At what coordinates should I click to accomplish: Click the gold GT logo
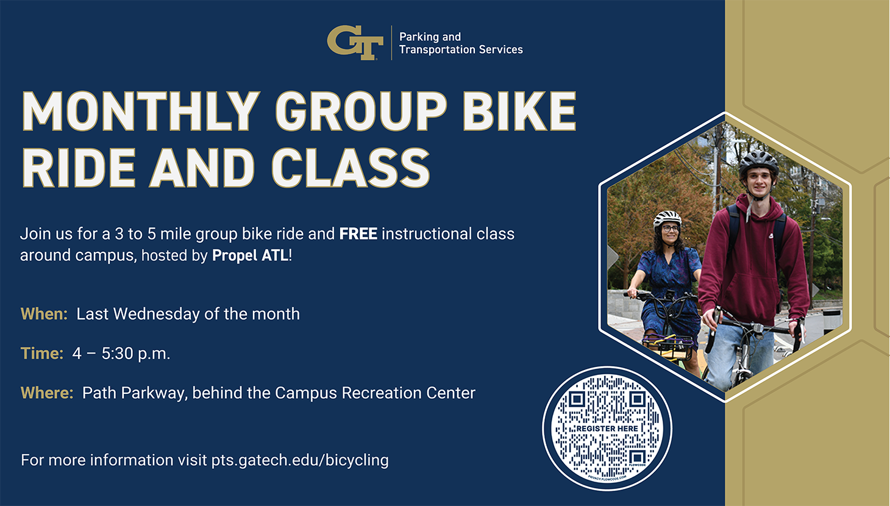click(355, 43)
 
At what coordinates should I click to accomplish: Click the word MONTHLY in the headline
click(141, 112)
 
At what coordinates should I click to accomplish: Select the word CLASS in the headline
click(351, 167)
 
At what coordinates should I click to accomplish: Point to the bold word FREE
click(358, 233)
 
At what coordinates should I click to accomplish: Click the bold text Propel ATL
click(250, 255)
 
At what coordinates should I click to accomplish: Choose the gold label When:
click(44, 314)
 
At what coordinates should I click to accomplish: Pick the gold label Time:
click(41, 354)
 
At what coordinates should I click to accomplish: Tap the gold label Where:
click(47, 393)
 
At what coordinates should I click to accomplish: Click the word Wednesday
click(157, 314)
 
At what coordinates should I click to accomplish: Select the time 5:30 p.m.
click(136, 354)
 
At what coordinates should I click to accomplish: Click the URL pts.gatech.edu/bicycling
click(300, 460)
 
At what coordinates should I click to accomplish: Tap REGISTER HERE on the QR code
click(607, 429)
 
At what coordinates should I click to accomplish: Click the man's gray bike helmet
click(758, 162)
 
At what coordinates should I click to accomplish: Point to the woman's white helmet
click(667, 218)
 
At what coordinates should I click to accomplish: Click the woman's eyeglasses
click(670, 229)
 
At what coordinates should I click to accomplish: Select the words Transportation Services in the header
click(461, 50)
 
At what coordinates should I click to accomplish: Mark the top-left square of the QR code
click(577, 399)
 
